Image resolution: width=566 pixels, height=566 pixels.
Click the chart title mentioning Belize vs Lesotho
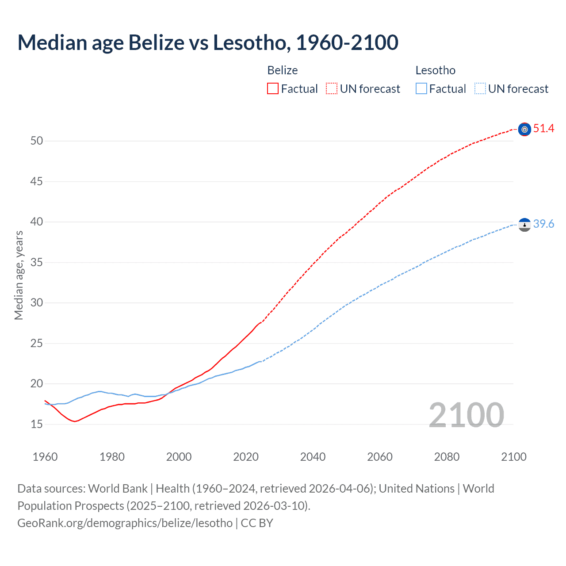[208, 42]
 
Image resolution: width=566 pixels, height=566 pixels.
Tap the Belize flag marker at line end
[524, 129]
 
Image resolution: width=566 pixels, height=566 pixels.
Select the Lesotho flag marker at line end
[524, 225]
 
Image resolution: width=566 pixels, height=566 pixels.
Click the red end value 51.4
[543, 129]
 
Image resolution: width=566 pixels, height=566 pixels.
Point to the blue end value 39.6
[543, 224]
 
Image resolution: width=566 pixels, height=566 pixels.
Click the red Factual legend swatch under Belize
[273, 89]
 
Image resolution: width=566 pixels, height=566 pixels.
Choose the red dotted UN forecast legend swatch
[332, 89]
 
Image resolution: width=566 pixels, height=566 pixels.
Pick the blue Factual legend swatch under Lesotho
[421, 89]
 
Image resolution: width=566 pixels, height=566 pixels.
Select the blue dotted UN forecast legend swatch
[480, 89]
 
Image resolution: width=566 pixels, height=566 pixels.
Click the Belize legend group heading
[283, 70]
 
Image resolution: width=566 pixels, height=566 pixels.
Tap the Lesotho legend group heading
[435, 70]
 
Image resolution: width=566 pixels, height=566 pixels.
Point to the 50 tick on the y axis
[37, 141]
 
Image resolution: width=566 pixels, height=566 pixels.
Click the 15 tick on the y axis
[37, 424]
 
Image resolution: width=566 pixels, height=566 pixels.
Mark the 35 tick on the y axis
[37, 263]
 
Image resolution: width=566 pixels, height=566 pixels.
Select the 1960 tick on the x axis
[45, 457]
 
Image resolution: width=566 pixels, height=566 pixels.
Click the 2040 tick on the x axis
[313, 457]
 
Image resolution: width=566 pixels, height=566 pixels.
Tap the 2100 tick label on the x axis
[513, 457]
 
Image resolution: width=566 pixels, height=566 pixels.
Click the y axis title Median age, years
[19, 275]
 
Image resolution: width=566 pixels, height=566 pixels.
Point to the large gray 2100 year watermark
[466, 415]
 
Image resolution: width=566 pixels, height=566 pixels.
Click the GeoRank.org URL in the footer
[125, 523]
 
